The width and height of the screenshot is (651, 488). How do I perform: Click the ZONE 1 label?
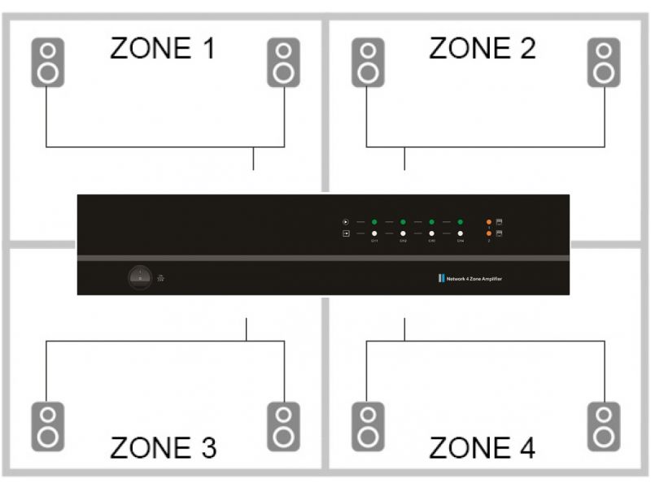coord(163,49)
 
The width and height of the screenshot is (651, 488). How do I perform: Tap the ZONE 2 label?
coord(482,49)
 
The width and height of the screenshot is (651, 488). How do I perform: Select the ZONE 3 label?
coord(163,447)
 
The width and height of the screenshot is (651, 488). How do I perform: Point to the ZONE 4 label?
coord(482,447)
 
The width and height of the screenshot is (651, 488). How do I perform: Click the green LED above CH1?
coord(374,222)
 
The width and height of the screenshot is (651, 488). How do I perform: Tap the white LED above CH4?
coord(460,234)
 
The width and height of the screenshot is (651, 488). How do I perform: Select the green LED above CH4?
coord(460,222)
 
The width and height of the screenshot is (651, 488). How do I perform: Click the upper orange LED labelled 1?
coord(489,222)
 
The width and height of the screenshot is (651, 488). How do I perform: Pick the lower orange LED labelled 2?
coord(489,234)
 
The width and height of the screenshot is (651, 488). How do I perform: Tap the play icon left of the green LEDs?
coord(346,222)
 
